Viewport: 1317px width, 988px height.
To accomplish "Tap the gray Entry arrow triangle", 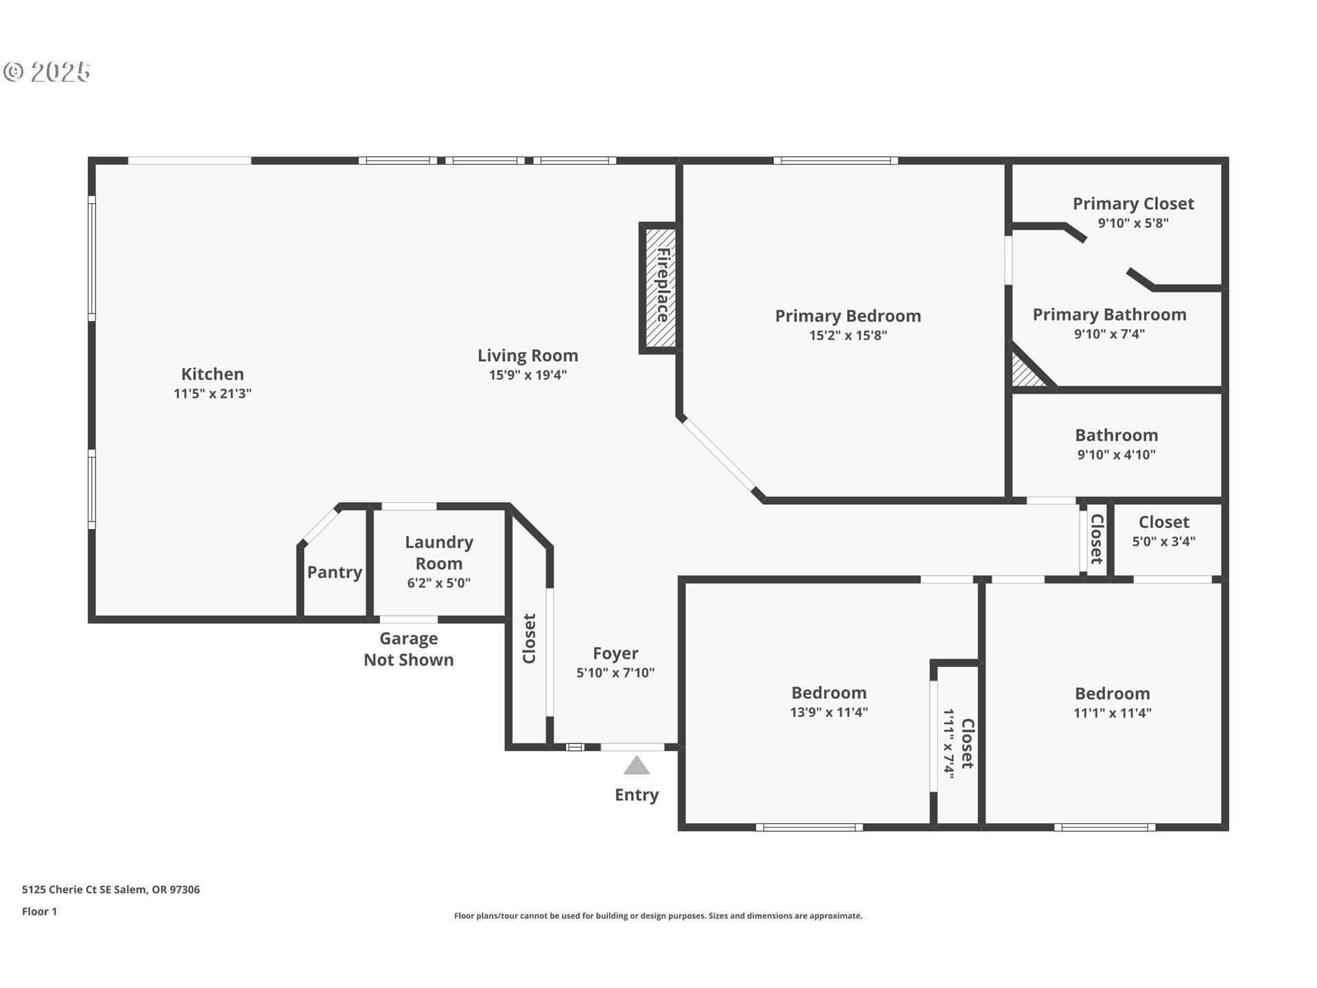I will [637, 766].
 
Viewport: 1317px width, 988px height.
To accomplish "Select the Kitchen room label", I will [212, 374].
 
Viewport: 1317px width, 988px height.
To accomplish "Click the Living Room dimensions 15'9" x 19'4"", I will [527, 375].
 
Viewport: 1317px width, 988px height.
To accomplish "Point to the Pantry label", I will [334, 572].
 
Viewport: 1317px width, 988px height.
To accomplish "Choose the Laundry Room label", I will [439, 552].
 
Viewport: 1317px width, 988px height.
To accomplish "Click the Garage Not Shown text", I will [409, 649].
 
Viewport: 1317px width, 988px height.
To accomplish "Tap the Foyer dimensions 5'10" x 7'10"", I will [615, 673].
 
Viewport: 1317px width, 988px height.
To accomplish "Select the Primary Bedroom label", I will [848, 316].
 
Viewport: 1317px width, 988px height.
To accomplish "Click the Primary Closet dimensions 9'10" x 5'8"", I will [1133, 223].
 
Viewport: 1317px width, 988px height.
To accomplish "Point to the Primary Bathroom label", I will [1109, 315].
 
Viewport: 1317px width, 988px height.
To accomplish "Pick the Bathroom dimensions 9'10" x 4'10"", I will [1116, 455].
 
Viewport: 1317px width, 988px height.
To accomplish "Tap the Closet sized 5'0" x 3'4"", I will [1163, 531].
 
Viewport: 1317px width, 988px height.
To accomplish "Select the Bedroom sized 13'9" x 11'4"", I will [829, 702].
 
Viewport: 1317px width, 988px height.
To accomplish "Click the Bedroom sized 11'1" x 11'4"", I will [1112, 703].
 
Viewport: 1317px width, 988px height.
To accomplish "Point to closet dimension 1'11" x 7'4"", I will [949, 742].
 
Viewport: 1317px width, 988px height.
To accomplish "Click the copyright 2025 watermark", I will [47, 72].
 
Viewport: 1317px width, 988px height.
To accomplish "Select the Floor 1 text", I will [39, 912].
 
